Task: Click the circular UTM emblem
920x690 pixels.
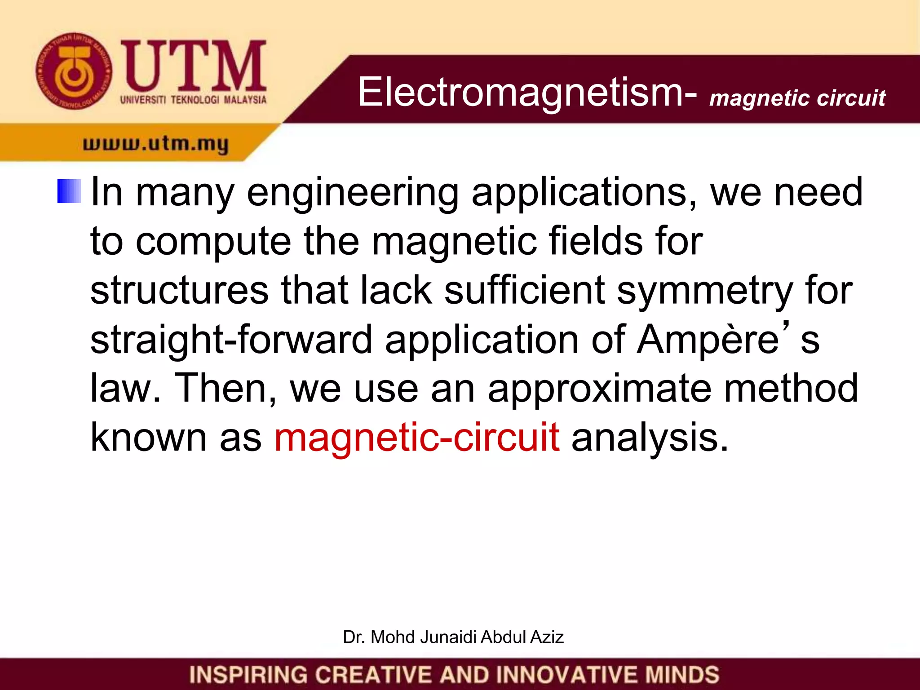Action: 75,71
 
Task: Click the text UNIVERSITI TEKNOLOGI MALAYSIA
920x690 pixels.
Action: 193,99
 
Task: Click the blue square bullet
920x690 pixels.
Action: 69,191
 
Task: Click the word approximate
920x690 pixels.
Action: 599,389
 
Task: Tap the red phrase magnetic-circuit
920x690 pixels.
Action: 417,438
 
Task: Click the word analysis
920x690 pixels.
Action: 649,438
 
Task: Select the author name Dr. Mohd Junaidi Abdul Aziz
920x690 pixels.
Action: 453,637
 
